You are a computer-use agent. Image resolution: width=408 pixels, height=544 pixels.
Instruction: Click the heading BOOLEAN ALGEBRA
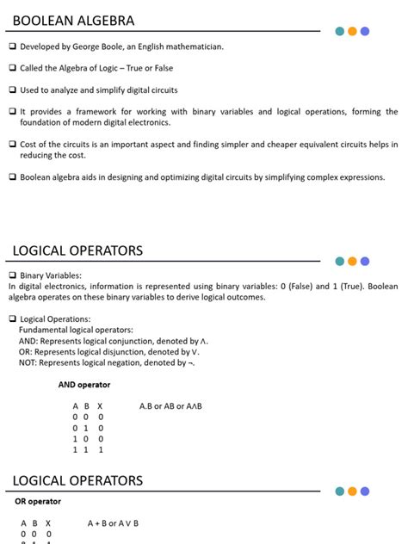[73, 21]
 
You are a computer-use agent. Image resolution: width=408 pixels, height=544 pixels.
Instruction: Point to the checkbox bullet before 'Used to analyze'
[13, 90]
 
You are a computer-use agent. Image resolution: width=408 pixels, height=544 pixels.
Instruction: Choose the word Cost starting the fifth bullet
[29, 144]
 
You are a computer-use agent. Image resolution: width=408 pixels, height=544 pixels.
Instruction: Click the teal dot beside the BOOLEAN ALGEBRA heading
[340, 31]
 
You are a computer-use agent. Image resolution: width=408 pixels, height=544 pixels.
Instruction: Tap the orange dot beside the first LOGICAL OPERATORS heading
[352, 261]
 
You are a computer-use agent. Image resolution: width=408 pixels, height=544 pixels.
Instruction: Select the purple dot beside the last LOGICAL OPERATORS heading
[365, 491]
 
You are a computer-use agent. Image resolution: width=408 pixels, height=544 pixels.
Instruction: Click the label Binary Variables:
[51, 275]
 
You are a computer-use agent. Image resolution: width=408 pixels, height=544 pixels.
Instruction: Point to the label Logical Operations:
[55, 319]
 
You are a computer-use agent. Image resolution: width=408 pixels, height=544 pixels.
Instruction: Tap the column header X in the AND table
[100, 405]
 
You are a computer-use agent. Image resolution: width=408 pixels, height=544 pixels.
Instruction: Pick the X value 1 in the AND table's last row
[100, 449]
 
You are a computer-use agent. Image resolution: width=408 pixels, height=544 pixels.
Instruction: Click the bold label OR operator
[38, 501]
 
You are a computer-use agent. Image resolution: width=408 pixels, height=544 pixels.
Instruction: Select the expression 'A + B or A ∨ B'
[113, 522]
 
